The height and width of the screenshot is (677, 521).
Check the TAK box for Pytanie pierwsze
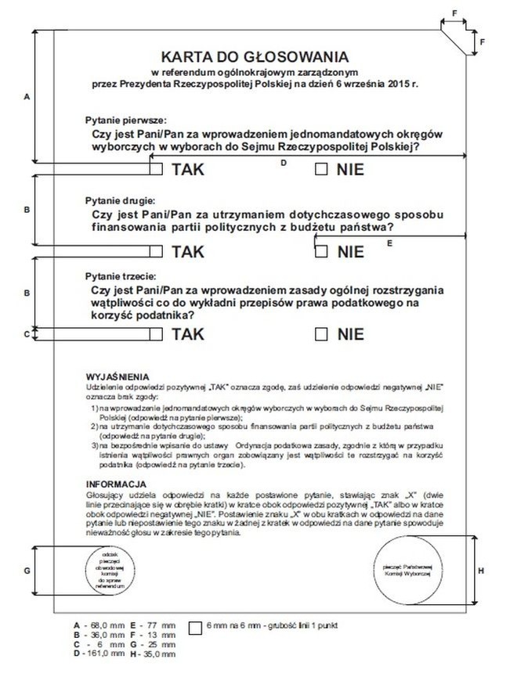(x=157, y=169)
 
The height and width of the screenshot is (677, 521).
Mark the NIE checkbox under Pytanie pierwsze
(x=321, y=169)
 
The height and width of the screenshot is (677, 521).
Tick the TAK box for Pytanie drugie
(x=157, y=251)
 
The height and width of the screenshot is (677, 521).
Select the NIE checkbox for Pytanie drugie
(x=321, y=251)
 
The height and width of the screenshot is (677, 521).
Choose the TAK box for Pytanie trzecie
(x=157, y=334)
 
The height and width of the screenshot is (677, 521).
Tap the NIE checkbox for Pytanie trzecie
(x=321, y=334)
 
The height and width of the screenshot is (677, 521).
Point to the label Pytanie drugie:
(x=115, y=201)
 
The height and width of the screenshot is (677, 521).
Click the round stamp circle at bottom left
(x=104, y=571)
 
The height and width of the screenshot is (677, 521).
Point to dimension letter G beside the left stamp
(x=27, y=571)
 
